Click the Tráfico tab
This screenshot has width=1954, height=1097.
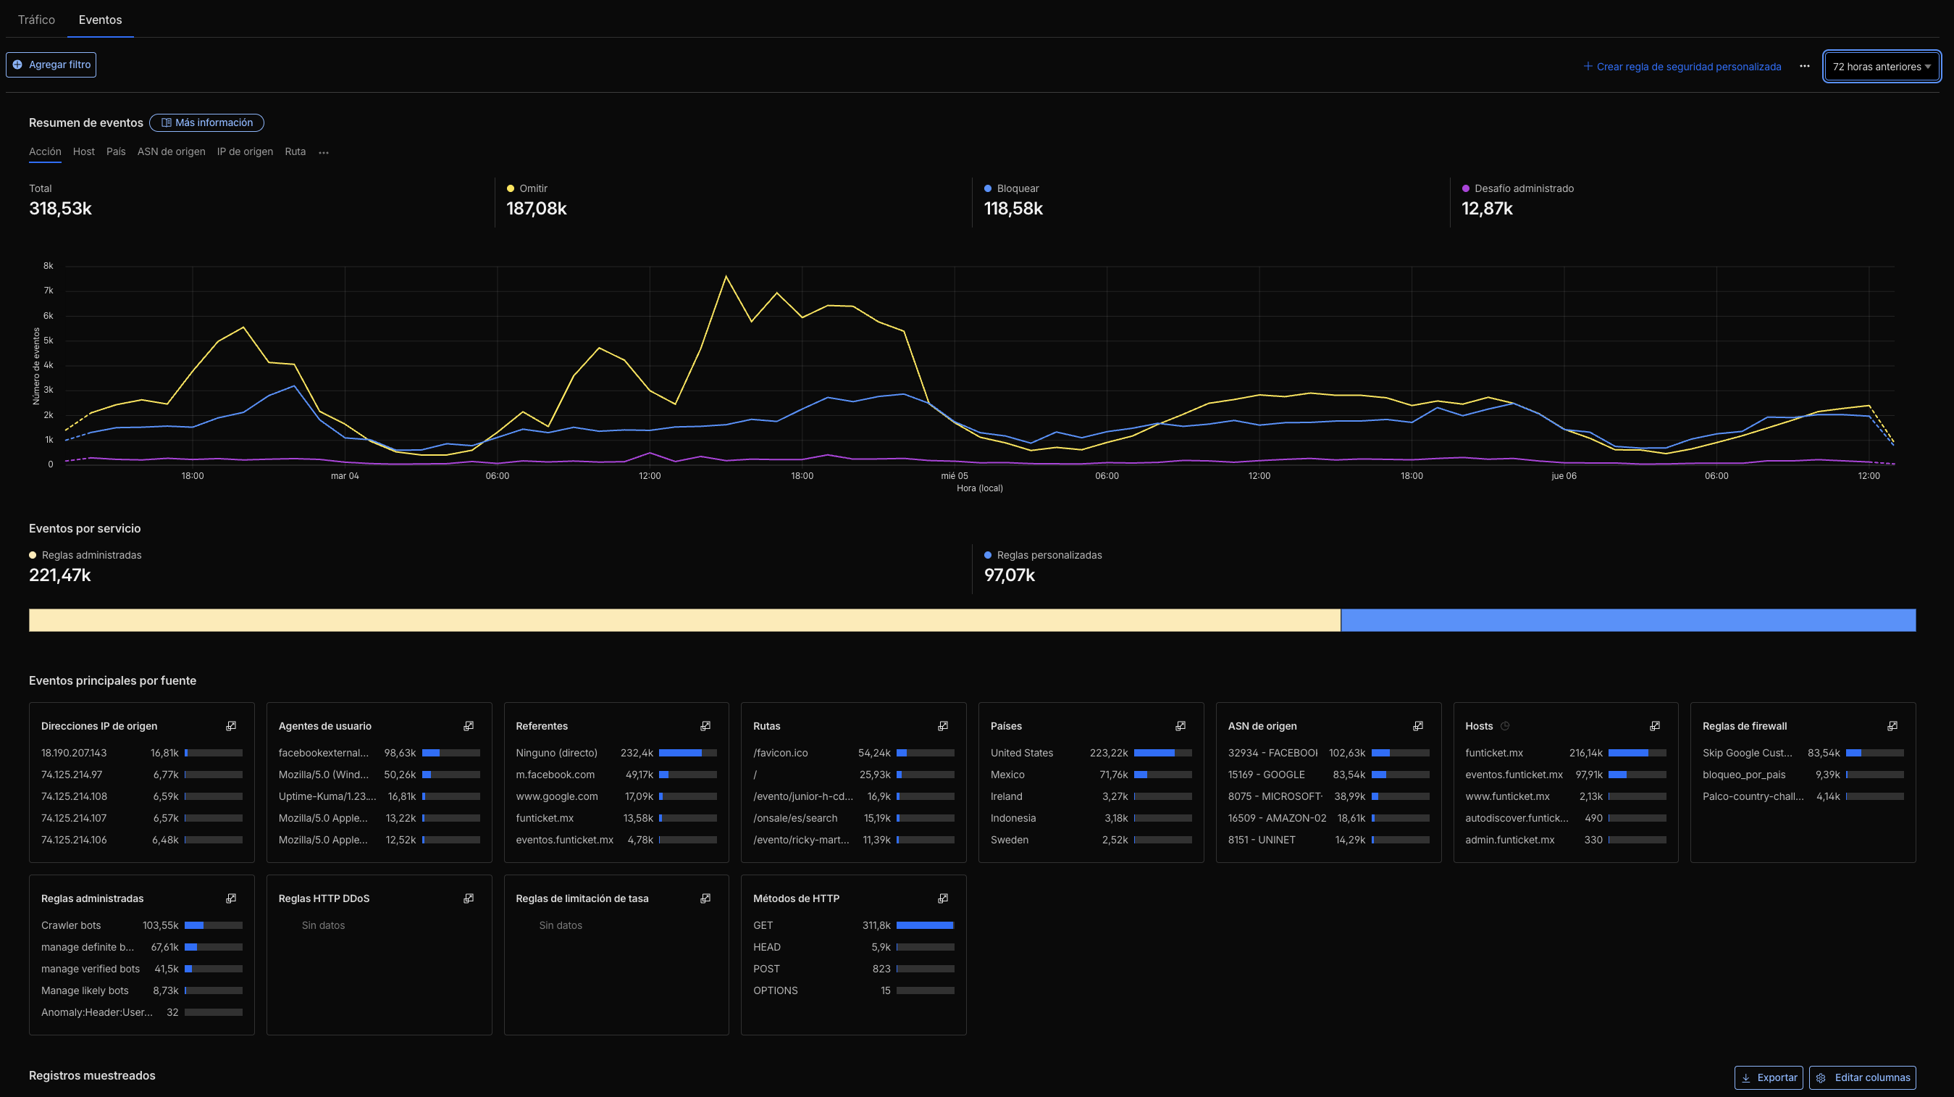pos(36,20)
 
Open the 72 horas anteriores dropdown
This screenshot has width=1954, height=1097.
pos(1881,67)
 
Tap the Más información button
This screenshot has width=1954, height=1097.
pos(206,123)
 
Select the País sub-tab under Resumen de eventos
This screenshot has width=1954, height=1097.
pos(116,151)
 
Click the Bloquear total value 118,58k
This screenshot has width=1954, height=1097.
pos(1012,209)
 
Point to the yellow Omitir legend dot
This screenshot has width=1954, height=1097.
pos(511,189)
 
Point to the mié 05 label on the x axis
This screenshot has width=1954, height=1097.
pos(955,475)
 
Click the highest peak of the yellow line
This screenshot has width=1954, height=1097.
pos(726,276)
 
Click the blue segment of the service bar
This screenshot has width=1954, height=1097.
pos(1627,620)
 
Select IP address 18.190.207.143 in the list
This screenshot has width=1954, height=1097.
pos(74,753)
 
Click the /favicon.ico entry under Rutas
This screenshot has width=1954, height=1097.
pos(780,753)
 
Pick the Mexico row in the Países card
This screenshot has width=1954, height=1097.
pos(1007,775)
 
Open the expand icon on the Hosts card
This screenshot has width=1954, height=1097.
pos(1654,726)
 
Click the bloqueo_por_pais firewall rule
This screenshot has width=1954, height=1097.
pos(1743,775)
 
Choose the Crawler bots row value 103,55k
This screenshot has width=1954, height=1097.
pos(160,925)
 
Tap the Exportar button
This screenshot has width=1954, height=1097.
pos(1768,1077)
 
